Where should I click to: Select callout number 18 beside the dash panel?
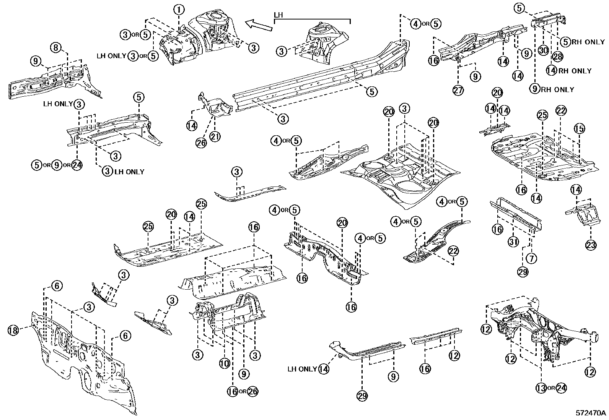click(x=13, y=330)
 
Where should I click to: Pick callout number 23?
click(x=591, y=244)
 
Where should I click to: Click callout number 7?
click(x=531, y=258)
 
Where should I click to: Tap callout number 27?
click(x=458, y=90)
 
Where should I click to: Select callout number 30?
click(x=543, y=50)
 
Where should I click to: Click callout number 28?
click(x=557, y=56)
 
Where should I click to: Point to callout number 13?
click(x=541, y=388)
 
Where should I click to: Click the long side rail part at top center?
click(x=321, y=76)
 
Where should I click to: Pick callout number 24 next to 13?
click(x=561, y=388)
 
